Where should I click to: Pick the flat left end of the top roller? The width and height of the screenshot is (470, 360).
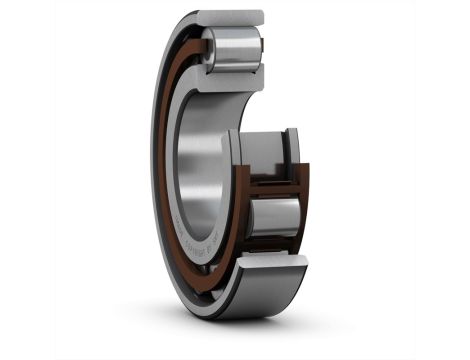(x=209, y=46)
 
